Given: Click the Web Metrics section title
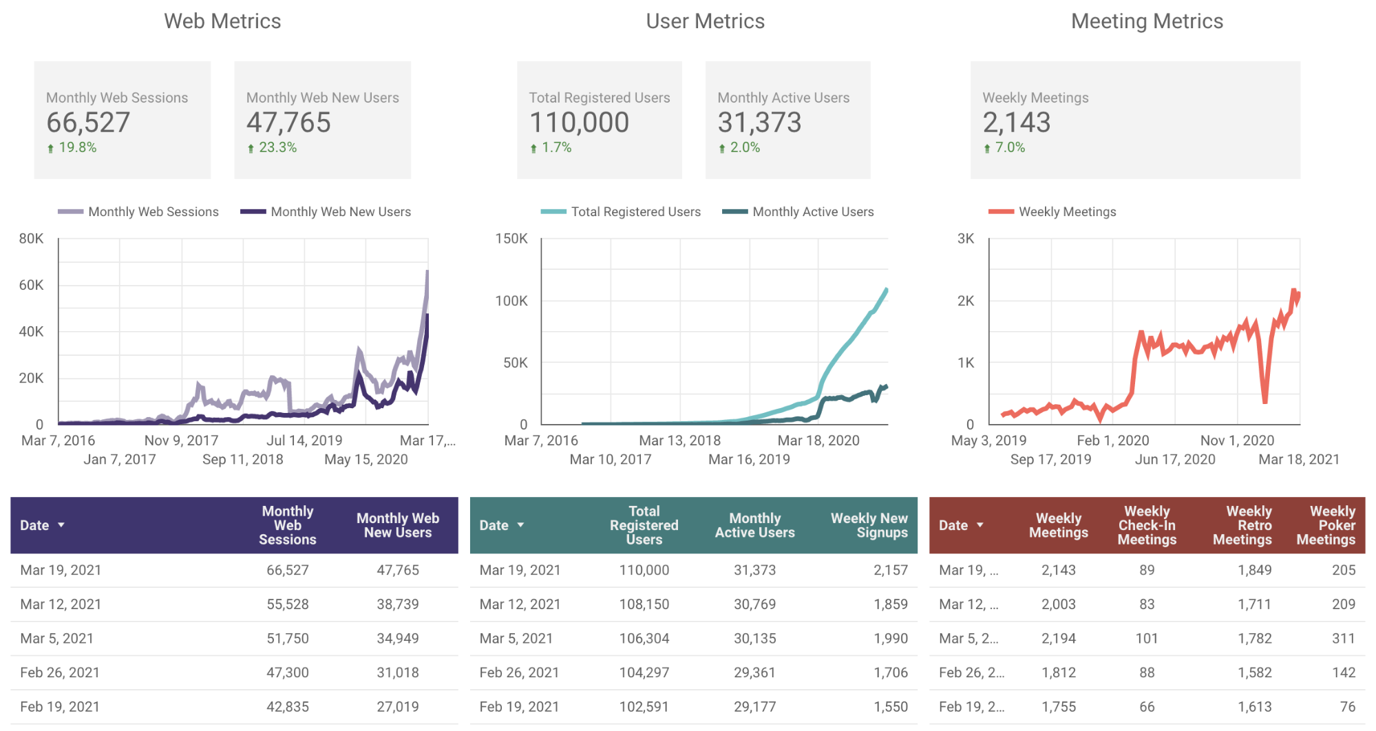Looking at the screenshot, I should click(x=222, y=21).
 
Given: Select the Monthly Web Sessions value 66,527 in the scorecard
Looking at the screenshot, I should click(x=88, y=123).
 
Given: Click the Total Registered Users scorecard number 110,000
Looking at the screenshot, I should click(x=579, y=123).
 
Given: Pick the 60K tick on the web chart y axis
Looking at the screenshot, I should click(x=31, y=285).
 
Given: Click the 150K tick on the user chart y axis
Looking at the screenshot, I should click(x=511, y=239).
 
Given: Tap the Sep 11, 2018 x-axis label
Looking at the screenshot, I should click(x=242, y=459).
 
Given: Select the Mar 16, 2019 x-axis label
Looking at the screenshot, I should click(x=749, y=459).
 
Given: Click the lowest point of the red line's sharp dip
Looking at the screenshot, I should click(x=1264, y=401).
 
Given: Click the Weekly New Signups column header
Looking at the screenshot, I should click(x=869, y=525).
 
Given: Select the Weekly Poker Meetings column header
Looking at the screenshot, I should click(x=1326, y=525).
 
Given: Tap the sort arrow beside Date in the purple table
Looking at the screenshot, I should click(x=61, y=525).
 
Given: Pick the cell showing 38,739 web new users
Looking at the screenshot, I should click(x=397, y=604).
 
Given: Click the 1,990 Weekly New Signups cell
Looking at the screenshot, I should click(x=890, y=639).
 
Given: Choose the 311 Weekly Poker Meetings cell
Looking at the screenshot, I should click(x=1343, y=639).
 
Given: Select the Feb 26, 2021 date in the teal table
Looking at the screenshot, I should click(x=519, y=672).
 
